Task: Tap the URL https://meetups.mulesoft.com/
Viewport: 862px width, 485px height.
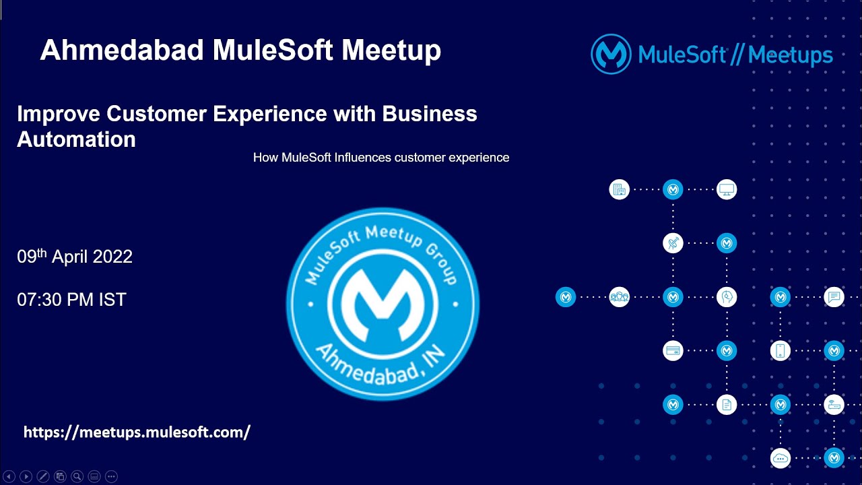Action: click(137, 432)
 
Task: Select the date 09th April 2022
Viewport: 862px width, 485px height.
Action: click(75, 257)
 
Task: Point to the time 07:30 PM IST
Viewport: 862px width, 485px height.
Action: click(71, 300)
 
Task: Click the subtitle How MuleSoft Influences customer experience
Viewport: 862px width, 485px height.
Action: click(380, 158)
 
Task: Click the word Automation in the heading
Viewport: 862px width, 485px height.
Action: click(76, 139)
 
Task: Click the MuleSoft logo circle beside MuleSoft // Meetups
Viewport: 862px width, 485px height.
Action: click(611, 54)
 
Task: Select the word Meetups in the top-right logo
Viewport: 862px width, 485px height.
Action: click(790, 55)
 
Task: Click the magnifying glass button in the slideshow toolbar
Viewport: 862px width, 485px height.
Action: click(77, 476)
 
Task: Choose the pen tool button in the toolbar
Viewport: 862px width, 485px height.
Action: click(42, 476)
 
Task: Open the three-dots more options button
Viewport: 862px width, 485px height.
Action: click(112, 476)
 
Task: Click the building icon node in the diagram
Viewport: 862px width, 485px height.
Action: click(619, 189)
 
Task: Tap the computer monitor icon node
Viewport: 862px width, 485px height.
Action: click(727, 189)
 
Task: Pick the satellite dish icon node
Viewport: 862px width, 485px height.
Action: click(673, 243)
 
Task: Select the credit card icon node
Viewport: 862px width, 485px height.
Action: click(673, 351)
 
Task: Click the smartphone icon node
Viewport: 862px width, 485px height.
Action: click(781, 351)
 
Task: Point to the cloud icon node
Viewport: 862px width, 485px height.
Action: click(781, 459)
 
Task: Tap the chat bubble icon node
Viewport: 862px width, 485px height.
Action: click(834, 297)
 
